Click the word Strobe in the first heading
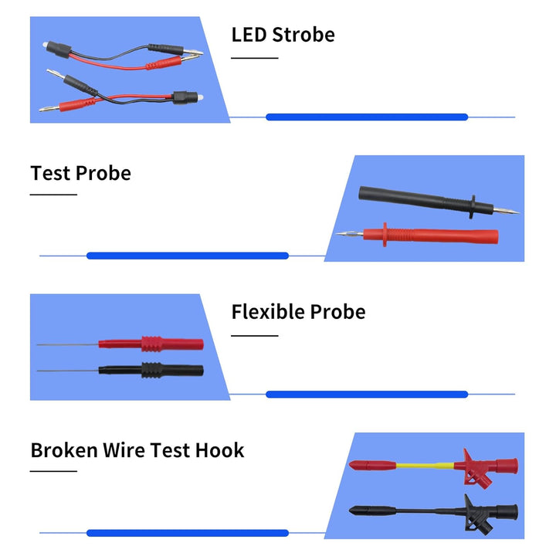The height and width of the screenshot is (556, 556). tap(303, 35)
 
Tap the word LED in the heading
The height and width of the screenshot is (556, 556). tap(249, 35)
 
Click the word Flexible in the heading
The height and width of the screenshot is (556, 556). tap(268, 312)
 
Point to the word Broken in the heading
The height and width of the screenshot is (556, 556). tap(64, 450)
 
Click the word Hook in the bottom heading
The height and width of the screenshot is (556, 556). tap(220, 450)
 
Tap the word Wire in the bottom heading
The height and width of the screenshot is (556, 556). tap(124, 450)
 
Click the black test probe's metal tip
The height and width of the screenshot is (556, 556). tap(507, 211)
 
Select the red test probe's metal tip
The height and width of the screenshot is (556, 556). tap(350, 234)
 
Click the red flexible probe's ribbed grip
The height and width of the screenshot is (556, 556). tap(151, 344)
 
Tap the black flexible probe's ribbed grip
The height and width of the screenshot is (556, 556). tap(151, 370)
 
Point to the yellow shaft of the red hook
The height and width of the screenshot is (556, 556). tap(425, 466)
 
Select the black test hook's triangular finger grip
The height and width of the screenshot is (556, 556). tap(477, 516)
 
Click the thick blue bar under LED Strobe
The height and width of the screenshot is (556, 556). tap(367, 117)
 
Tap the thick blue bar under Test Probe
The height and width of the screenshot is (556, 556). tap(188, 256)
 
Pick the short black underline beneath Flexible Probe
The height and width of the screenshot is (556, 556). tap(255, 335)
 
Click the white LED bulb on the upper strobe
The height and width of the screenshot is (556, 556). tap(45, 45)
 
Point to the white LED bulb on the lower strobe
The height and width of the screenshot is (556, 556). tap(200, 97)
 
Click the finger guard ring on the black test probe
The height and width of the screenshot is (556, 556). tap(473, 207)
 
